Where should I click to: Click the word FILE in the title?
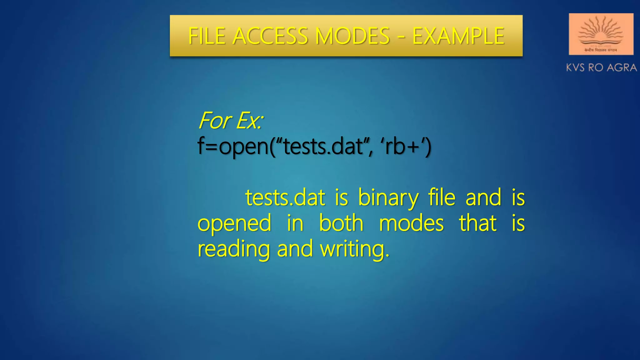(207, 36)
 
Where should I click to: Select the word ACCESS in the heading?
(270, 36)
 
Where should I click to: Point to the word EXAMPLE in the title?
(458, 36)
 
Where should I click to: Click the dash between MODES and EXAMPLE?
(401, 37)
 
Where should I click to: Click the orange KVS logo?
(601, 34)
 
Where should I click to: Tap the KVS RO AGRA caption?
(601, 67)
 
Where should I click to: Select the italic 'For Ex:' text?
(231, 121)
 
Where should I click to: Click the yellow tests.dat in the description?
(285, 197)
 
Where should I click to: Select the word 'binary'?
(388, 198)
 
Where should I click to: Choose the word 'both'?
(341, 223)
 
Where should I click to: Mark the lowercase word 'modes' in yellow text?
(411, 223)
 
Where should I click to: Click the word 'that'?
(478, 223)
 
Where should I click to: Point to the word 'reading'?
(233, 249)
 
